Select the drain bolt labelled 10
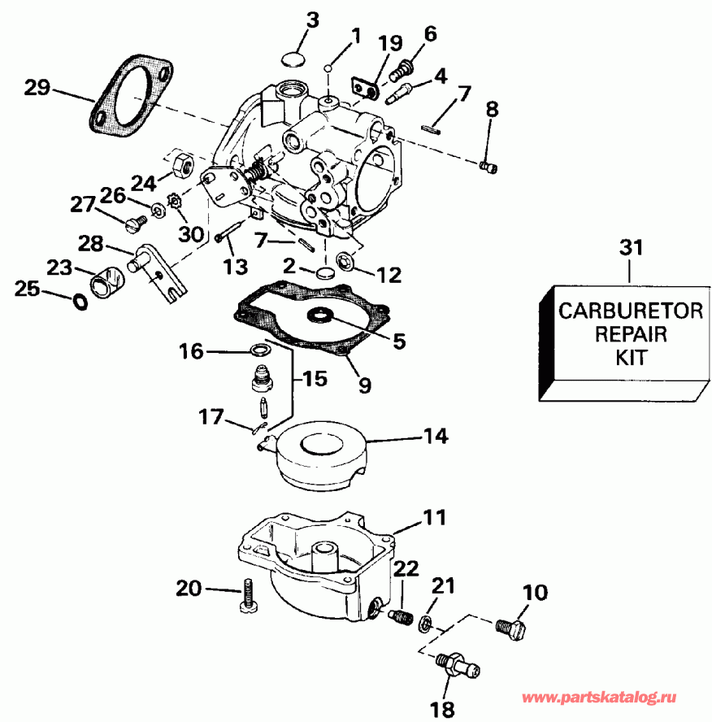510,627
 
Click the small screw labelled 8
488,167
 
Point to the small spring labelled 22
400,617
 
